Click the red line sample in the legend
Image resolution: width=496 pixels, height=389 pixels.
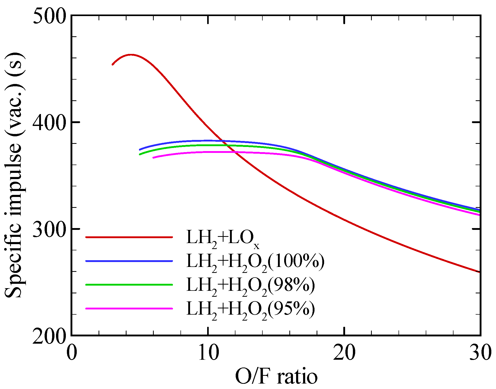(129, 237)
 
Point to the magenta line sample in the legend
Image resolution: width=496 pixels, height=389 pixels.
(129, 308)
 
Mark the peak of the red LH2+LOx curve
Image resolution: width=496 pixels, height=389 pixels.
(131, 55)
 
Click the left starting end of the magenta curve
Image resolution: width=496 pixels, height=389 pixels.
(153, 158)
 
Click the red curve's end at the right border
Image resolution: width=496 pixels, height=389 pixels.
(479, 272)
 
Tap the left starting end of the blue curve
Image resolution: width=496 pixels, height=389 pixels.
(140, 150)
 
